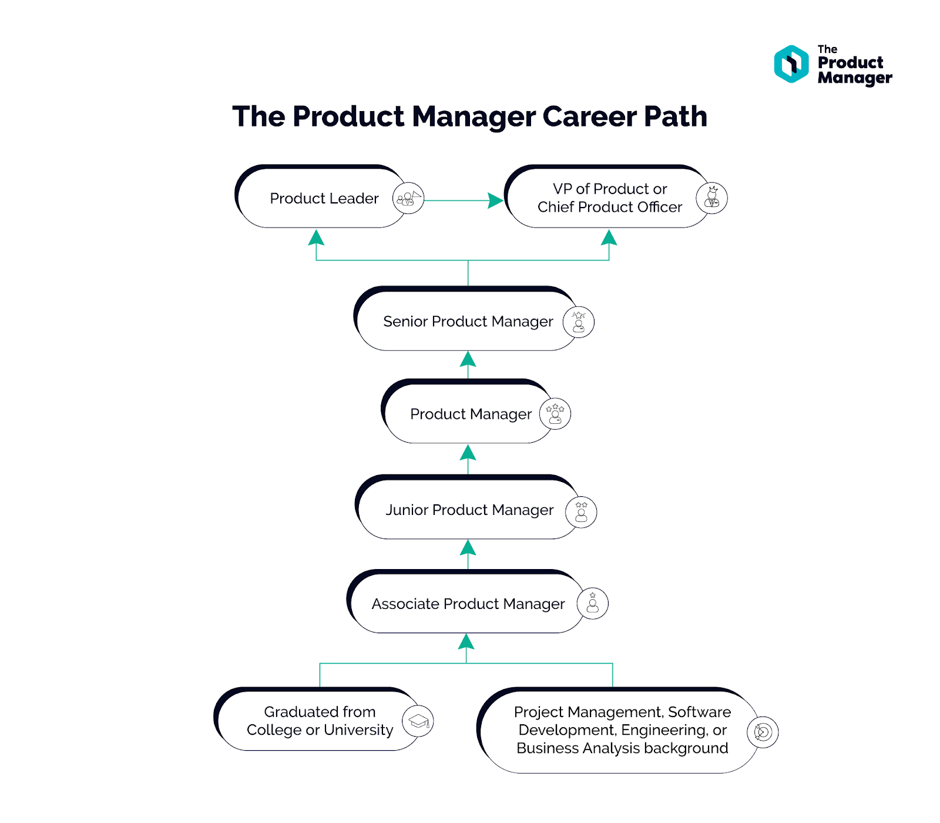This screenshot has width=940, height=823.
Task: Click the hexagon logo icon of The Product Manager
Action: (x=791, y=64)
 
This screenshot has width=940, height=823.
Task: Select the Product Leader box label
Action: (x=324, y=199)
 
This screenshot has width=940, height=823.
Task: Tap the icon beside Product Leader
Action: (x=408, y=199)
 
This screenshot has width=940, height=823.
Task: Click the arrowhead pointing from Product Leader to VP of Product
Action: (x=495, y=200)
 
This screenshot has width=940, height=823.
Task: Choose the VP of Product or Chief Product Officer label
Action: (x=609, y=198)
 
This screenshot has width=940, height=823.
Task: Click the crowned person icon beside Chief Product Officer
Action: (x=711, y=198)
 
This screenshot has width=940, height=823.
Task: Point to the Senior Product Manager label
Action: (x=468, y=322)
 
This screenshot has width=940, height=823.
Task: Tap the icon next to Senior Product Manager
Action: (x=579, y=322)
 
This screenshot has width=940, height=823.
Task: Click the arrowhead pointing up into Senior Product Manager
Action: (x=468, y=359)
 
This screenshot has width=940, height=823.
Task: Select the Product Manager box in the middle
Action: (x=471, y=414)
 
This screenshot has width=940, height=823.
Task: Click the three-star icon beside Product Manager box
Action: (x=555, y=414)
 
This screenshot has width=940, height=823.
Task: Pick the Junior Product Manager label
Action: (x=469, y=510)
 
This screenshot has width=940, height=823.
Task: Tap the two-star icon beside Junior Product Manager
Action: (x=581, y=512)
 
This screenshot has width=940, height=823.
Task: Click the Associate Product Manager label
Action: (x=468, y=604)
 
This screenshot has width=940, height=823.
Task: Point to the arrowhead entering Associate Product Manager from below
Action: (x=466, y=641)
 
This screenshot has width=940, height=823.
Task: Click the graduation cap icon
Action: (x=418, y=721)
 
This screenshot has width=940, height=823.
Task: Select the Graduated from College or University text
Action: (x=320, y=721)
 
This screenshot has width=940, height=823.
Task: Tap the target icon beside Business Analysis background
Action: (x=763, y=732)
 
